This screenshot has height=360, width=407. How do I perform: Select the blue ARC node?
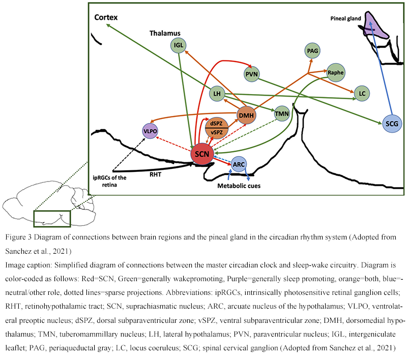(239, 164)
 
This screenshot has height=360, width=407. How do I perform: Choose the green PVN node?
(252, 74)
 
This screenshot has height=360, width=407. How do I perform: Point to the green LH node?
(217, 94)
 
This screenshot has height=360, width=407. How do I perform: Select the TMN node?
(281, 114)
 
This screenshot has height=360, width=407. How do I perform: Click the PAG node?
(312, 50)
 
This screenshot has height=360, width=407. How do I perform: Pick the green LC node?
(362, 94)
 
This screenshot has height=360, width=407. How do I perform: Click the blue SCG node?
(391, 123)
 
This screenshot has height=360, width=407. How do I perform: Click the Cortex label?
(106, 17)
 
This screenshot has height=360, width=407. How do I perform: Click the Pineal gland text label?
(344, 19)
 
